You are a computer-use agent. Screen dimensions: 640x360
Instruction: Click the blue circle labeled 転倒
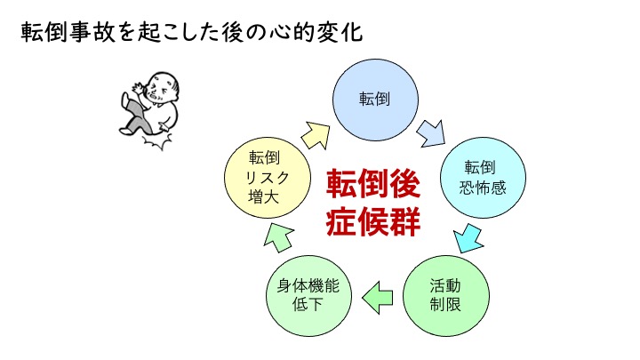tap(375, 100)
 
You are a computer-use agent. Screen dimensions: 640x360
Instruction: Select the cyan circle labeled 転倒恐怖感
tap(483, 178)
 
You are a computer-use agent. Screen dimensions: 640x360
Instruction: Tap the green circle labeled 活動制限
tap(445, 296)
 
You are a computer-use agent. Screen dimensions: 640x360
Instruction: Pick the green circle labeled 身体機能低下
tap(308, 296)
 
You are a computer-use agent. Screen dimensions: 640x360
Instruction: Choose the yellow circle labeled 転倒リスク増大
tap(268, 178)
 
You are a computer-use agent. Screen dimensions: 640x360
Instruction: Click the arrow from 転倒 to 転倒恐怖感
tap(431, 133)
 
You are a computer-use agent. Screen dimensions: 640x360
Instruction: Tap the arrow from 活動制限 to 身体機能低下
tap(378, 298)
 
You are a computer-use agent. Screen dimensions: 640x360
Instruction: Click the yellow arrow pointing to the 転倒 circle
tap(316, 135)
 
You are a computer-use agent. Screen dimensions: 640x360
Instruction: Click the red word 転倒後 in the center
tap(373, 183)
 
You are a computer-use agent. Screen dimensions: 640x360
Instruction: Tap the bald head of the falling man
tap(164, 85)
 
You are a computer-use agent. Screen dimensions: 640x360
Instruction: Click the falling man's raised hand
tap(137, 88)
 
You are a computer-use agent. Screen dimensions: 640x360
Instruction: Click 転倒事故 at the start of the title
tap(68, 32)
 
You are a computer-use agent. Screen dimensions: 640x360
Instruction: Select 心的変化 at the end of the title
tap(316, 32)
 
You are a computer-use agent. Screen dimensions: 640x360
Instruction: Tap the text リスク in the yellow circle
tap(268, 178)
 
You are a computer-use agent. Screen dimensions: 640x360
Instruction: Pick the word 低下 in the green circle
tap(308, 305)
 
